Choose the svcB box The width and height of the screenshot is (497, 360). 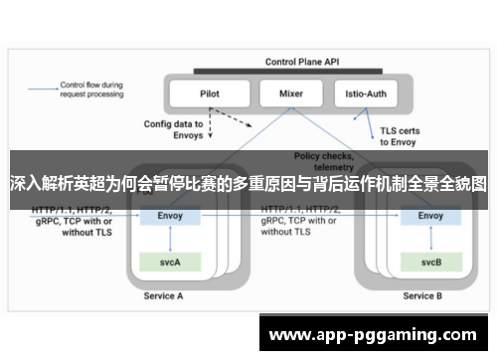click(x=430, y=263)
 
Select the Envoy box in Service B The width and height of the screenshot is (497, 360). click(x=430, y=215)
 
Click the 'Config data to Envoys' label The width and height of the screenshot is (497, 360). click(x=174, y=129)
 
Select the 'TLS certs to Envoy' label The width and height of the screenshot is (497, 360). click(x=400, y=135)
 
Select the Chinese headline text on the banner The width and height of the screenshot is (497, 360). click(x=248, y=184)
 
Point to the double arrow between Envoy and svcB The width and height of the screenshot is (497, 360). click(x=430, y=239)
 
